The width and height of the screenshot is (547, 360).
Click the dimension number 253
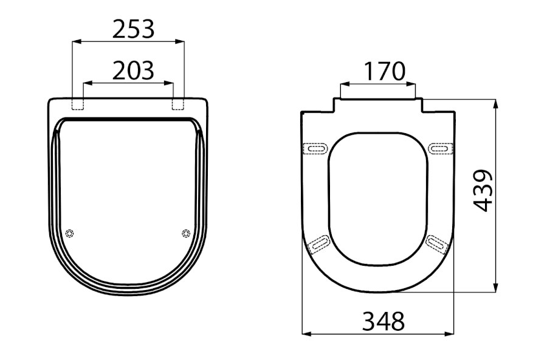point(133,29)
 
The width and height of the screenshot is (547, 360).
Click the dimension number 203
point(133,71)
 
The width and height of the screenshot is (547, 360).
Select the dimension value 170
point(385,71)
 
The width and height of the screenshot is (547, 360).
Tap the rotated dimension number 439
point(483,190)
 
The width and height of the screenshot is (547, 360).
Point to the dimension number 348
point(384,321)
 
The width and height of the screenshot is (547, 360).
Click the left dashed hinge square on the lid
point(78,104)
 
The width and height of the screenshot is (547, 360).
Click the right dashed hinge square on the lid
point(178,104)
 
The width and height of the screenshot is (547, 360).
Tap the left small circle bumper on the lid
point(70,234)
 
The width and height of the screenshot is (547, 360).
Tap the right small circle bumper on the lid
point(187,234)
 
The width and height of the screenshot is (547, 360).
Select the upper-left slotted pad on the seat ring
point(316,149)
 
